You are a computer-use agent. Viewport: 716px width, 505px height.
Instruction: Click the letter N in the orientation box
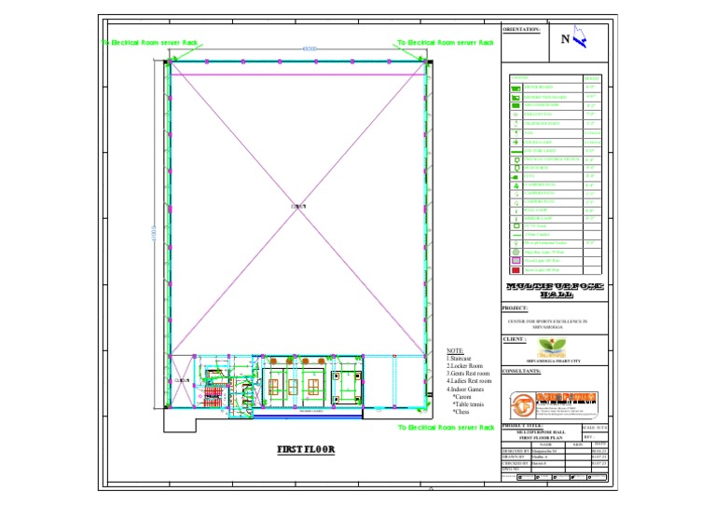pos(566,38)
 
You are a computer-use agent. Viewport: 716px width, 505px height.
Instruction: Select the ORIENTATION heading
pos(521,30)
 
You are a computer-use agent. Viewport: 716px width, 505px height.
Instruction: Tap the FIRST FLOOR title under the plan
pos(306,449)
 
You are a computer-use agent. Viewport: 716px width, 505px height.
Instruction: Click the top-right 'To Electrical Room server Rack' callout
pos(445,42)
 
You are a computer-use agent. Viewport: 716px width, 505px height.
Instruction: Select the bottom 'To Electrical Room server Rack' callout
pos(445,427)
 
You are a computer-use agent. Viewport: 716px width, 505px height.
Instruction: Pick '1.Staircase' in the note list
pos(461,359)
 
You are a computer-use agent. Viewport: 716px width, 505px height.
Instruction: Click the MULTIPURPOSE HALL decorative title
pos(555,289)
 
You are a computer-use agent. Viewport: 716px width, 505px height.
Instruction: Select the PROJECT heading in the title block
pos(515,307)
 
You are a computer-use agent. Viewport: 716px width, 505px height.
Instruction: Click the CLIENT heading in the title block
pos(514,339)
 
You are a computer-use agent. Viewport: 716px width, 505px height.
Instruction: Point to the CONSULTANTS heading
pos(521,371)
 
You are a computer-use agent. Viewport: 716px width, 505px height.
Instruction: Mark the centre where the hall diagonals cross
pos(298,206)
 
